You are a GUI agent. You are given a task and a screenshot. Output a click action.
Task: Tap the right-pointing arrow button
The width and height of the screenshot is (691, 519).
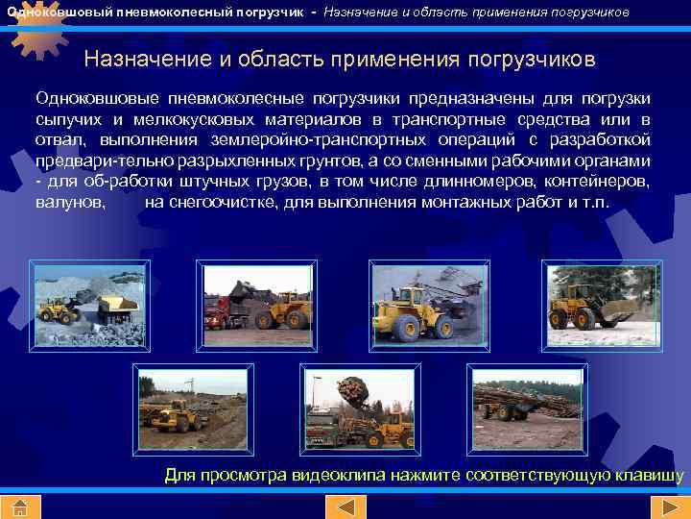tap(665, 507)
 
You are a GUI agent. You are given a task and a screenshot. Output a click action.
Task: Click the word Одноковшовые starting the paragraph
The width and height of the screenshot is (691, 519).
tap(90, 99)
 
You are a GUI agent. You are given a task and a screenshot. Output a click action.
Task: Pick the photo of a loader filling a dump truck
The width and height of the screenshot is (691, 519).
tap(89, 305)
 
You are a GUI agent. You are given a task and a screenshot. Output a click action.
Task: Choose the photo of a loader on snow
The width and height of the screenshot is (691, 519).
tap(603, 305)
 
